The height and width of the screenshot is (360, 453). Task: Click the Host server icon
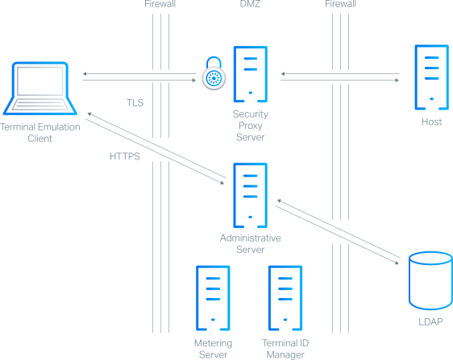[431, 77]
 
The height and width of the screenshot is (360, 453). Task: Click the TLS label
[135, 103]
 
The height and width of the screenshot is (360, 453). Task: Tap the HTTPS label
[125, 157]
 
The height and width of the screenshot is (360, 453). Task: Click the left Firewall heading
[160, 5]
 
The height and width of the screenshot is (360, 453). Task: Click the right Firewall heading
[341, 5]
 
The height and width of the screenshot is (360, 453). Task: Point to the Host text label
[431, 122]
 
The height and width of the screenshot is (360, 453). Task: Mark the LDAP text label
[430, 322]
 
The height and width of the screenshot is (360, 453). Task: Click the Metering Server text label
[213, 348]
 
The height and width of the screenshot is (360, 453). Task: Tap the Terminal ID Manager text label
[285, 348]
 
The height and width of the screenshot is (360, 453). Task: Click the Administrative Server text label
[251, 243]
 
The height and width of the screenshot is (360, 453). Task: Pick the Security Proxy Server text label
[251, 126]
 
